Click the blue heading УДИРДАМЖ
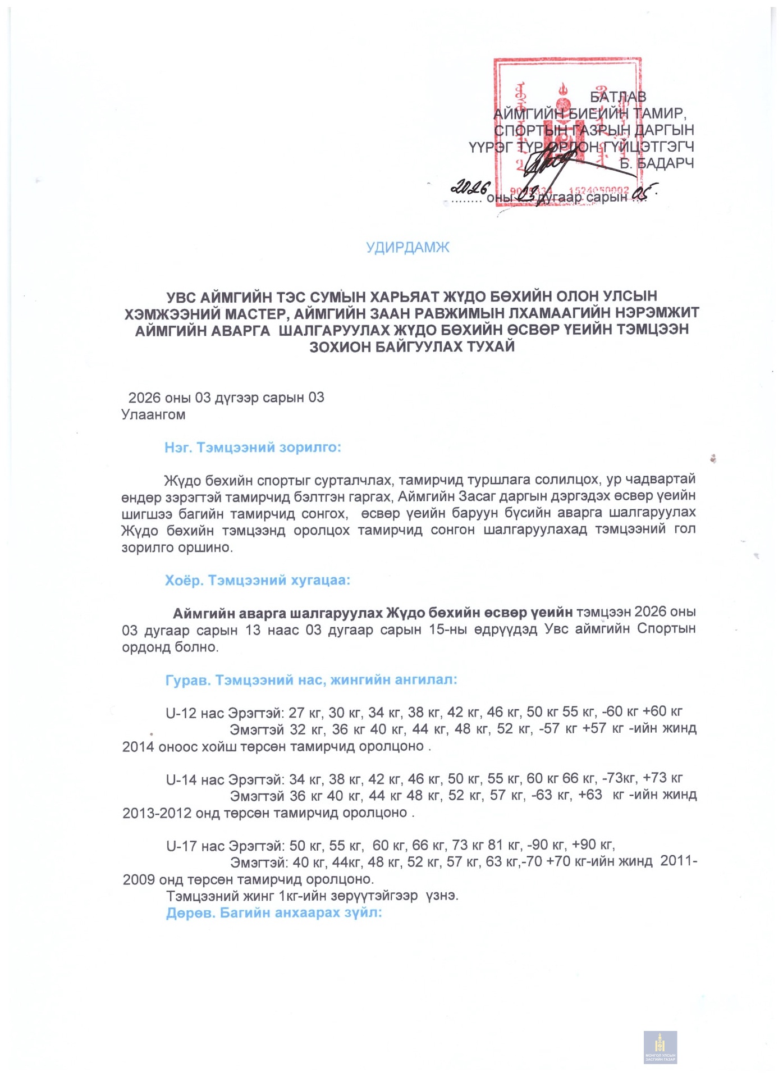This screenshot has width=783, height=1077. click(x=407, y=248)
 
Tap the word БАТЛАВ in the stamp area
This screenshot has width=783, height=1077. click(x=618, y=97)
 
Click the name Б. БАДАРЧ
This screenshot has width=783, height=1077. click(x=657, y=163)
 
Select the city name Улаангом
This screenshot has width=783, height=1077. click(x=153, y=415)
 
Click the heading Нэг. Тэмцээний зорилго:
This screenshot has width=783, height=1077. click(x=253, y=448)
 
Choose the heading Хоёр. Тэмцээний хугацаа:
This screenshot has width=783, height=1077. click(x=257, y=580)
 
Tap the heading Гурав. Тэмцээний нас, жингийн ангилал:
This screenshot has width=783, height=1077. click(x=311, y=680)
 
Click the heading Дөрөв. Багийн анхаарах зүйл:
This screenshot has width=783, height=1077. click(x=273, y=912)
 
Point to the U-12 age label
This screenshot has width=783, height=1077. click(x=181, y=713)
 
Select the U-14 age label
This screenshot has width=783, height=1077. click(x=181, y=779)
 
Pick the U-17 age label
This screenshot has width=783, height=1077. click(x=181, y=846)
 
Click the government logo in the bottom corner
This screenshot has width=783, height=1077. click(x=660, y=1047)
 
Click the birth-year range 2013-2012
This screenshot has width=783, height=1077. click(x=157, y=813)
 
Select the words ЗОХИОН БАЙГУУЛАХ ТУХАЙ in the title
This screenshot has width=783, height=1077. click(x=412, y=346)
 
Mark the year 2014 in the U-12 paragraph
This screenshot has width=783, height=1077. click(x=138, y=747)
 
